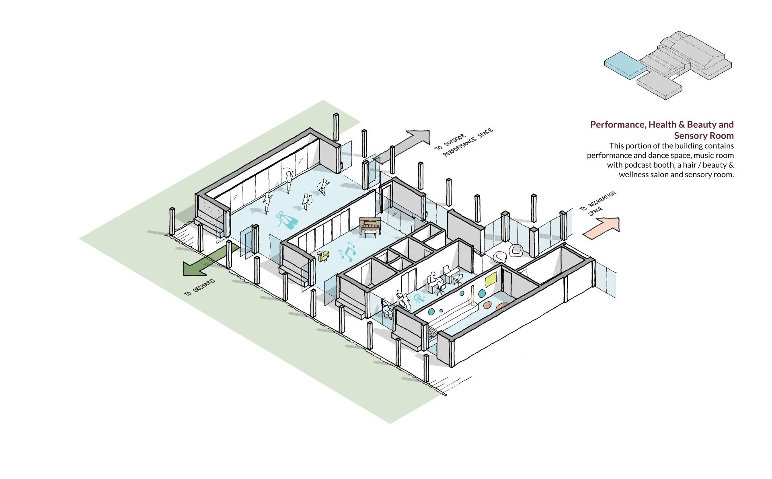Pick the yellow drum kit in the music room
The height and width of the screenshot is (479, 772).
[323, 256]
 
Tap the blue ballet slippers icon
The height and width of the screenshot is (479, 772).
[287, 220]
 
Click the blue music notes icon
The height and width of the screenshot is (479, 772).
[347, 252]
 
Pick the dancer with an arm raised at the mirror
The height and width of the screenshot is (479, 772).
[289, 180]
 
